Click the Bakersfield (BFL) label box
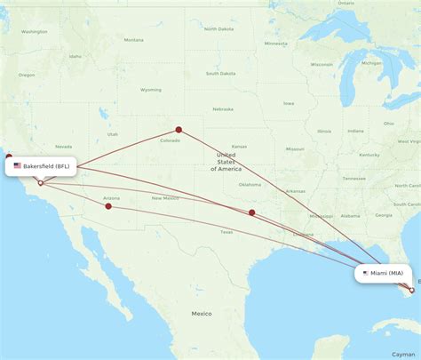pyautogui.click(x=42, y=165)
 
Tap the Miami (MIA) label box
pyautogui.click(x=383, y=274)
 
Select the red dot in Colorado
pyautogui.click(x=179, y=130)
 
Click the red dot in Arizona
pyautogui.click(x=108, y=206)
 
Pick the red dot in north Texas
pyautogui.click(x=252, y=212)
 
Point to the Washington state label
pyautogui.click(x=35, y=32)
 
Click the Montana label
pyautogui.click(x=133, y=40)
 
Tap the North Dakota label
pyautogui.click(x=218, y=29)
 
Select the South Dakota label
pyautogui.click(x=222, y=73)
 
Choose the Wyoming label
pyautogui.click(x=151, y=90)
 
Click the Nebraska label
pyautogui.click(x=223, y=109)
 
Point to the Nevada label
pyautogui.click(x=64, y=147)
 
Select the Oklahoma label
pyautogui.click(x=250, y=185)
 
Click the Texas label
pyautogui.click(x=226, y=232)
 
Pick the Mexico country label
pyautogui.click(x=201, y=314)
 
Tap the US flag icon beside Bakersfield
pyautogui.click(x=17, y=165)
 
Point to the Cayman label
pyautogui.click(x=403, y=353)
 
